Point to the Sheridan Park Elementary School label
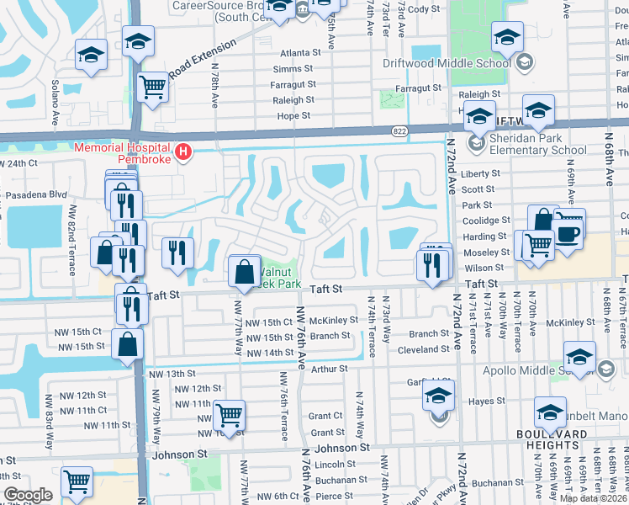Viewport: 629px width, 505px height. coord(538,144)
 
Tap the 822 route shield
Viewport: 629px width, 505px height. coord(400,130)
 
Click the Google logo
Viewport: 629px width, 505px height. coord(28,494)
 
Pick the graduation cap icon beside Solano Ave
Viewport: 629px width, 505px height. coord(90,56)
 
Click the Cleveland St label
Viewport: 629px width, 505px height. coord(423,348)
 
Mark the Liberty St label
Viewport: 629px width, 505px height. coord(482,173)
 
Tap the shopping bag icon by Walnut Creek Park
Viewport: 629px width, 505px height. coord(243,271)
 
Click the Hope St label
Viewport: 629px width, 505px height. coord(293,115)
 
